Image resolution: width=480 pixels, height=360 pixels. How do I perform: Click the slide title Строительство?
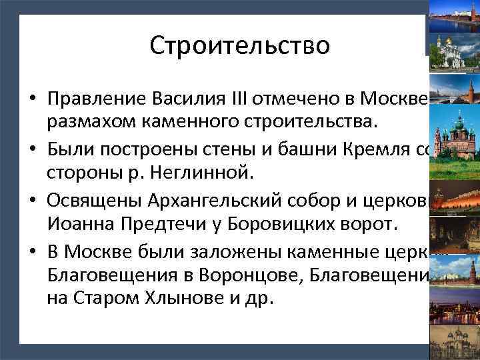(239, 45)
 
